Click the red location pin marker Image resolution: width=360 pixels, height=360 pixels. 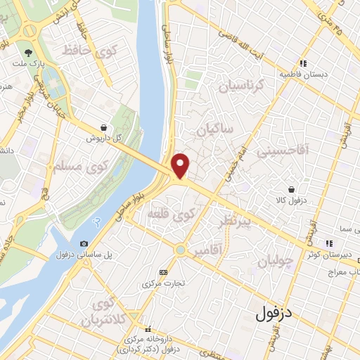click(181, 165)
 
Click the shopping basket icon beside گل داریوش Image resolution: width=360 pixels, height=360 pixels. click(104, 128)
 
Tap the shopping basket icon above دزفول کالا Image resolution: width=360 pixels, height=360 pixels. click(291, 189)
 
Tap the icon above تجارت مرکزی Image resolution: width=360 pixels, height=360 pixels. click(164, 272)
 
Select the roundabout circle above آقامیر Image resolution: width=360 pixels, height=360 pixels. click(181, 250)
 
